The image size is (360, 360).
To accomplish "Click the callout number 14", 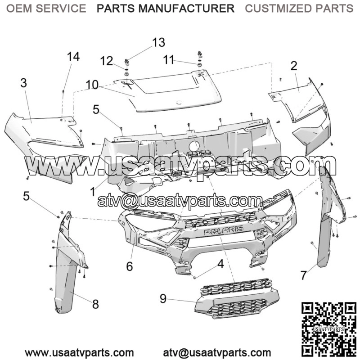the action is [x=73, y=57].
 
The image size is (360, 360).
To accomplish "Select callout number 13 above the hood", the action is [x=159, y=42].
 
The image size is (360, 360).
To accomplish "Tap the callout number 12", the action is [x=107, y=61].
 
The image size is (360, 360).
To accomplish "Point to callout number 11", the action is [x=168, y=60].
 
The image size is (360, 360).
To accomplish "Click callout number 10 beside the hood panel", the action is [x=92, y=85].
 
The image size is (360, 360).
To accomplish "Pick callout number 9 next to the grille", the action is [x=163, y=299].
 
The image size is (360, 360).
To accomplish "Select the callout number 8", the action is [x=95, y=304].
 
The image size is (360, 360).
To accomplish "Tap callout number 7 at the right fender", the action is [x=303, y=275].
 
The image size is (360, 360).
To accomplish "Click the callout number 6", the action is [x=130, y=266].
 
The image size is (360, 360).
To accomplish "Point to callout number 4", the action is [x=220, y=264].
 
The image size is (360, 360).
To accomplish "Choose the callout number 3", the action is [x=24, y=83].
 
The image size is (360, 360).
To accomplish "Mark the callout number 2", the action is [x=294, y=66].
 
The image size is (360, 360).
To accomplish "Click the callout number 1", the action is [x=93, y=192].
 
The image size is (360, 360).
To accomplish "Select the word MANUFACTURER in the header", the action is [x=186, y=9].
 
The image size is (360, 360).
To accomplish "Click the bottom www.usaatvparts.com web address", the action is [x=79, y=353].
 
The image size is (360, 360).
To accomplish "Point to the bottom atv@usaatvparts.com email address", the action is [x=217, y=353].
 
